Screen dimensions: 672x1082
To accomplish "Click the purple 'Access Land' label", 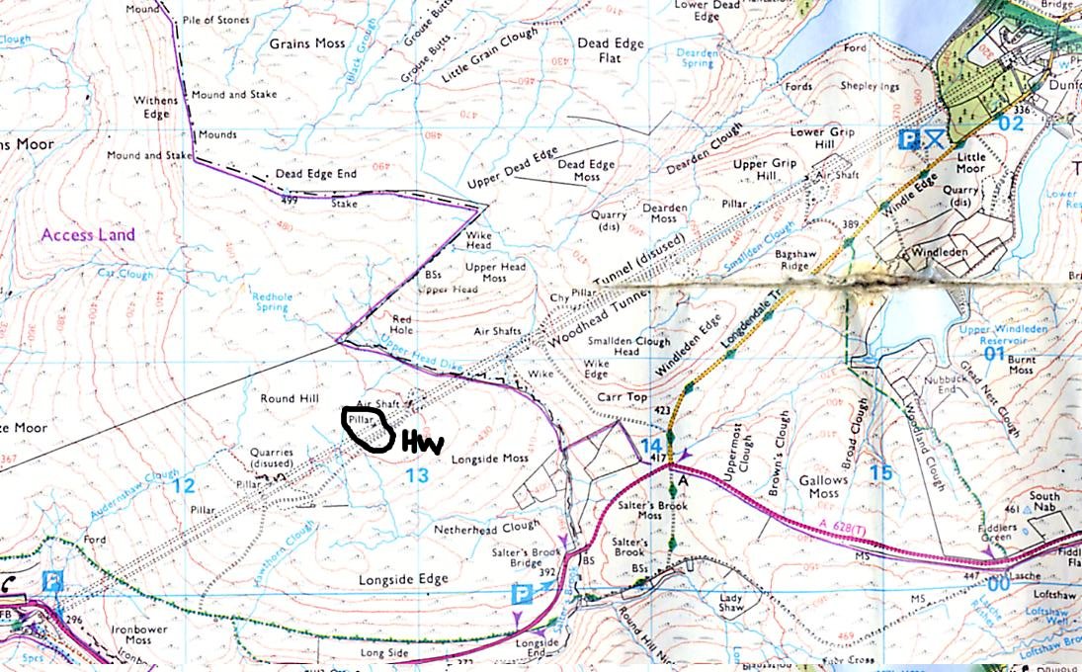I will point(88,235).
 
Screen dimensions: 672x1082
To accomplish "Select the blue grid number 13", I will point(417,476).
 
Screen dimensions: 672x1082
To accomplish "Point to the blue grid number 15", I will point(879,473).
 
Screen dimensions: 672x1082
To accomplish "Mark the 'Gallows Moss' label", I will point(824,486).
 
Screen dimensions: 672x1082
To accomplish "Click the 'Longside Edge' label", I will point(403,579).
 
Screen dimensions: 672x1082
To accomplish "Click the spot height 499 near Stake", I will point(289,200).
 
